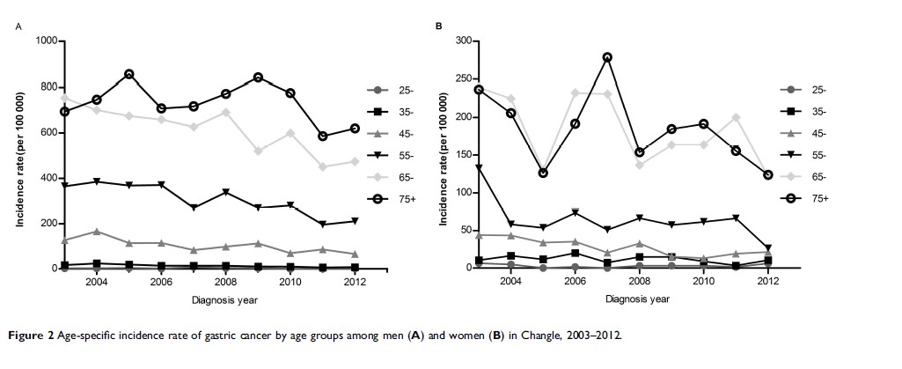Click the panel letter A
tap(18, 26)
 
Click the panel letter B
tap(440, 26)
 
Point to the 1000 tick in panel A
tap(46, 41)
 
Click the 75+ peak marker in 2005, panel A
tap(128, 74)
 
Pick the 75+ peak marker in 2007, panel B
tap(607, 57)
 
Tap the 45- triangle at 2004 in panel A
tap(97, 232)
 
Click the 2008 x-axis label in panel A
tap(226, 282)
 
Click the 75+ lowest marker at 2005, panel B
tap(543, 173)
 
